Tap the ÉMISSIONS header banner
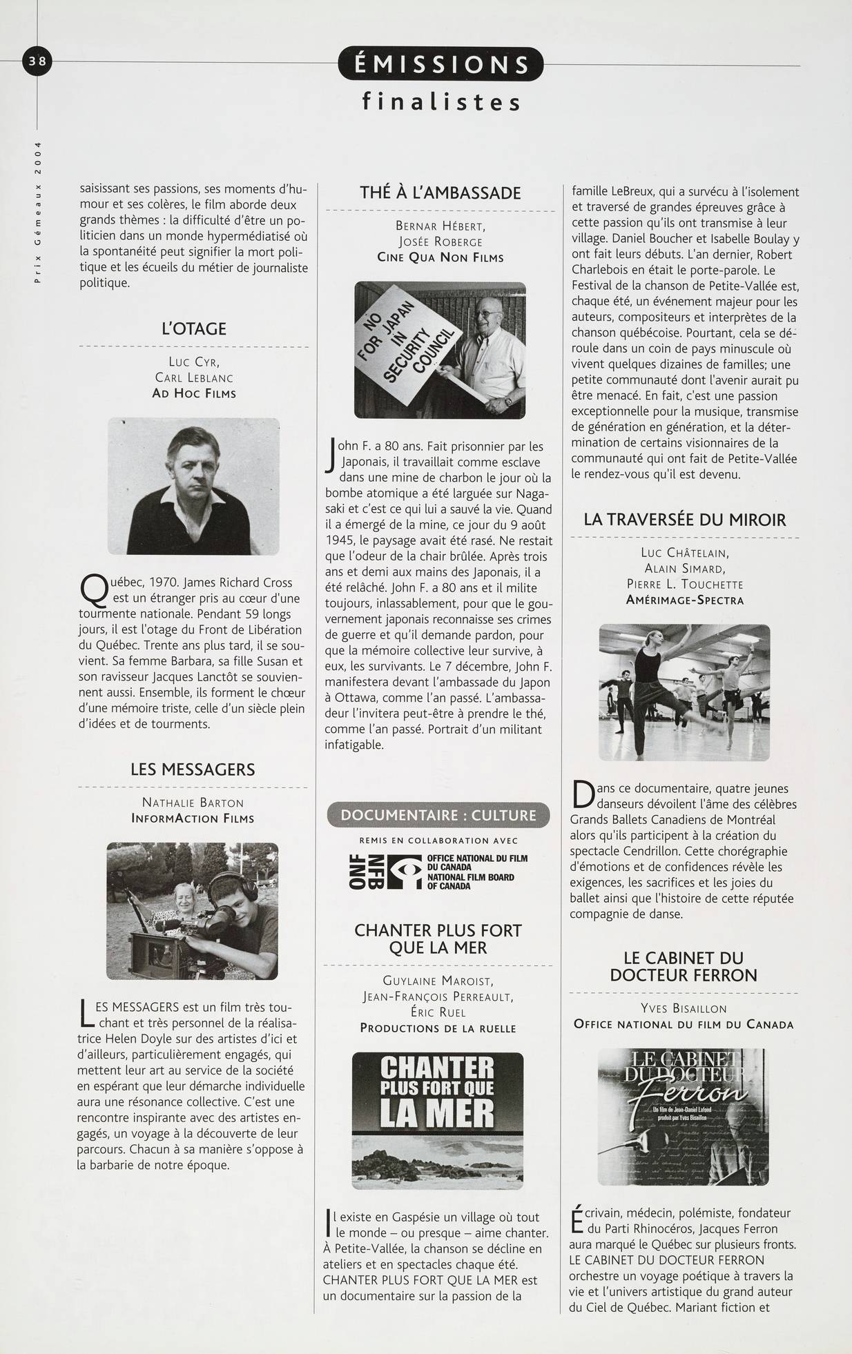[441, 65]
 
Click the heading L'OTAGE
[194, 328]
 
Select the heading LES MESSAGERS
[193, 769]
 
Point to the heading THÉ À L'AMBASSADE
[440, 193]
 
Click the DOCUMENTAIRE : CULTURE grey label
[438, 815]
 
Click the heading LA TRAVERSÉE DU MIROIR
[684, 520]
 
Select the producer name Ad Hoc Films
[194, 393]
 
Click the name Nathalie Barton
[193, 803]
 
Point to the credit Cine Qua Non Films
[440, 257]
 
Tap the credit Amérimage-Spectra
[684, 600]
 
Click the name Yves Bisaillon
[684, 1008]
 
